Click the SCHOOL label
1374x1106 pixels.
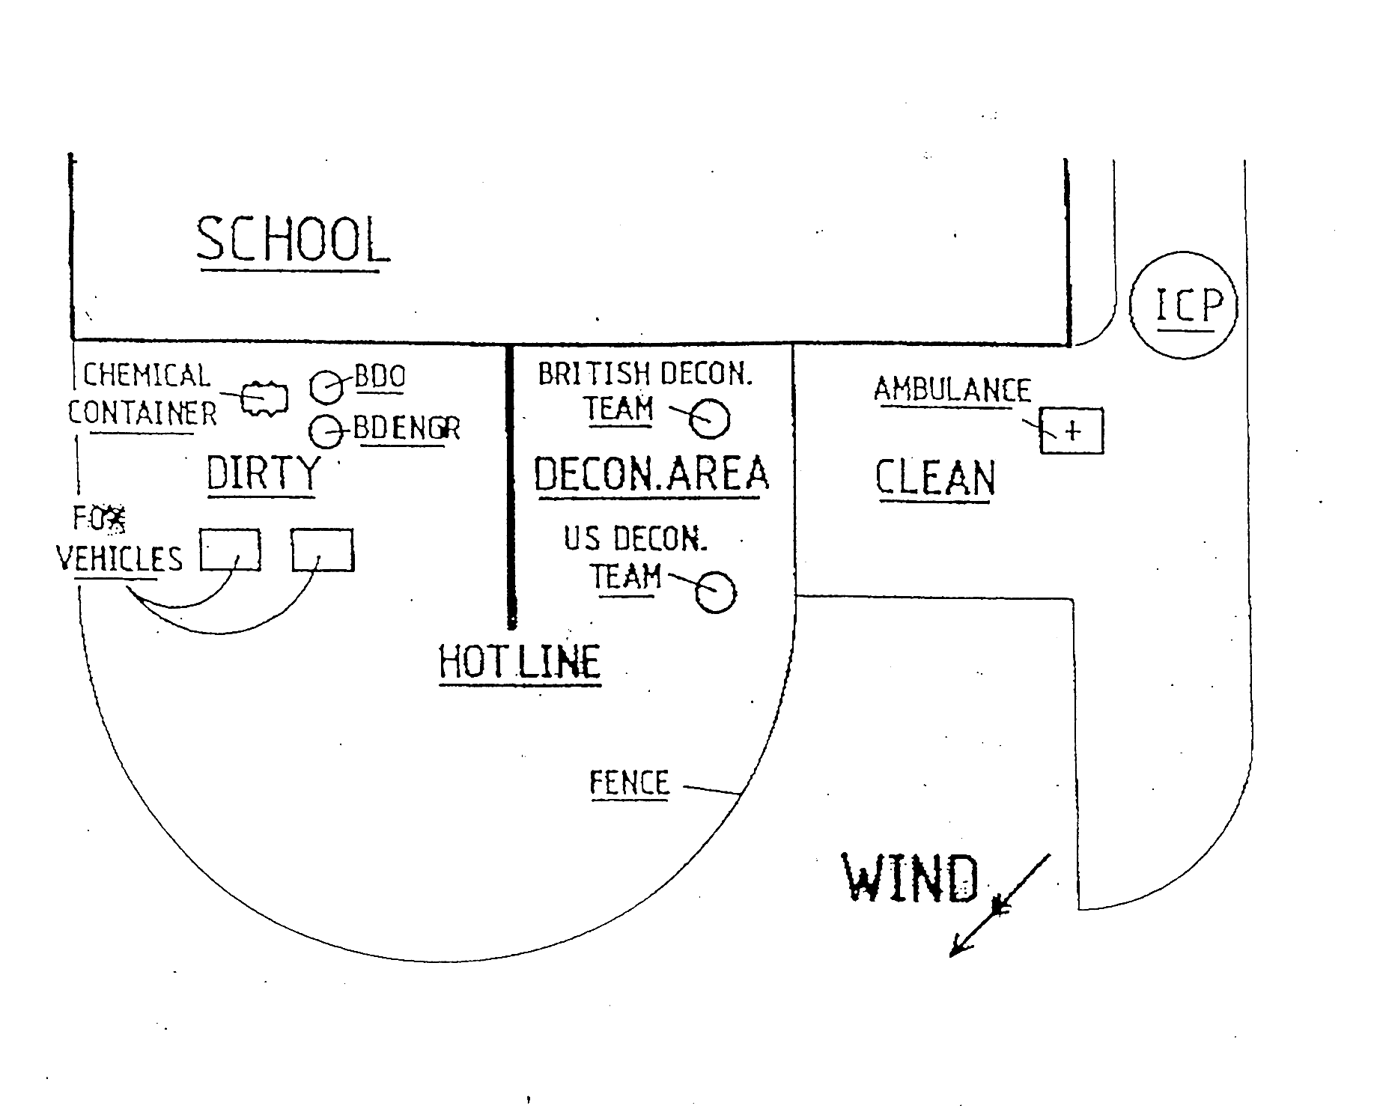click(x=292, y=240)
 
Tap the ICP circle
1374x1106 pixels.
click(x=1182, y=305)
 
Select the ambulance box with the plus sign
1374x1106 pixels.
click(x=1071, y=431)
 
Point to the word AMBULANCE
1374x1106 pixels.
click(x=952, y=390)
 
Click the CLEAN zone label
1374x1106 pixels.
click(x=935, y=478)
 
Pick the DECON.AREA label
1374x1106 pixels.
click(x=651, y=474)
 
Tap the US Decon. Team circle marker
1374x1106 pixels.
click(x=715, y=592)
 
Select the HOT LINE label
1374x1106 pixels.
click(x=520, y=662)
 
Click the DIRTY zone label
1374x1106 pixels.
click(x=262, y=473)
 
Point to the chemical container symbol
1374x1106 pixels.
click(x=264, y=398)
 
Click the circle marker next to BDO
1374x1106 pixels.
click(x=326, y=386)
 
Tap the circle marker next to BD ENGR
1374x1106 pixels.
click(x=326, y=431)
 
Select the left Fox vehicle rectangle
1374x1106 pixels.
click(x=230, y=550)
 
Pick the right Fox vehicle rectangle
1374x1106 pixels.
click(x=322, y=550)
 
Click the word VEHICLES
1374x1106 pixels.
click(x=120, y=559)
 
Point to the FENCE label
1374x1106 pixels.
click(x=629, y=783)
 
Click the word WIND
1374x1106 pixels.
click(x=911, y=878)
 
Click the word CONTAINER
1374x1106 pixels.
click(x=142, y=413)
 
